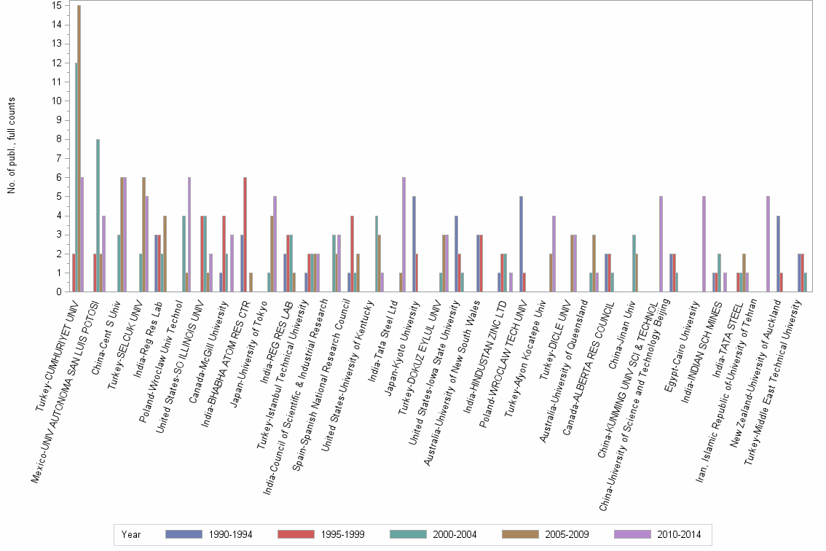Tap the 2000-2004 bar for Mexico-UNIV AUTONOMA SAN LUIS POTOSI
point(98,215)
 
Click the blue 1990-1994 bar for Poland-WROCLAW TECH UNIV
point(521,244)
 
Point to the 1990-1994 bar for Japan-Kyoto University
point(413,244)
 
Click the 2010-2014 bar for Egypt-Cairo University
point(704,244)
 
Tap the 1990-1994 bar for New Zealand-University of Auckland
point(778,254)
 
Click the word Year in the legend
point(132,535)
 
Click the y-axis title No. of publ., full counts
point(12,146)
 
